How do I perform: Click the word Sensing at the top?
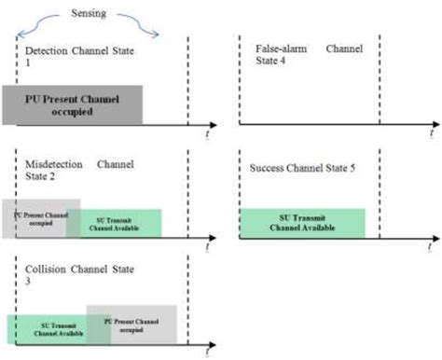(x=90, y=14)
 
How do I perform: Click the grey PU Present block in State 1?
(x=72, y=104)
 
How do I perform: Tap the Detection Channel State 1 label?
(x=64, y=55)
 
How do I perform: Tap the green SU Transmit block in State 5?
(x=301, y=223)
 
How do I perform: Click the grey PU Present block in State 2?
(x=41, y=216)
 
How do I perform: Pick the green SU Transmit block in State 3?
(x=47, y=328)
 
